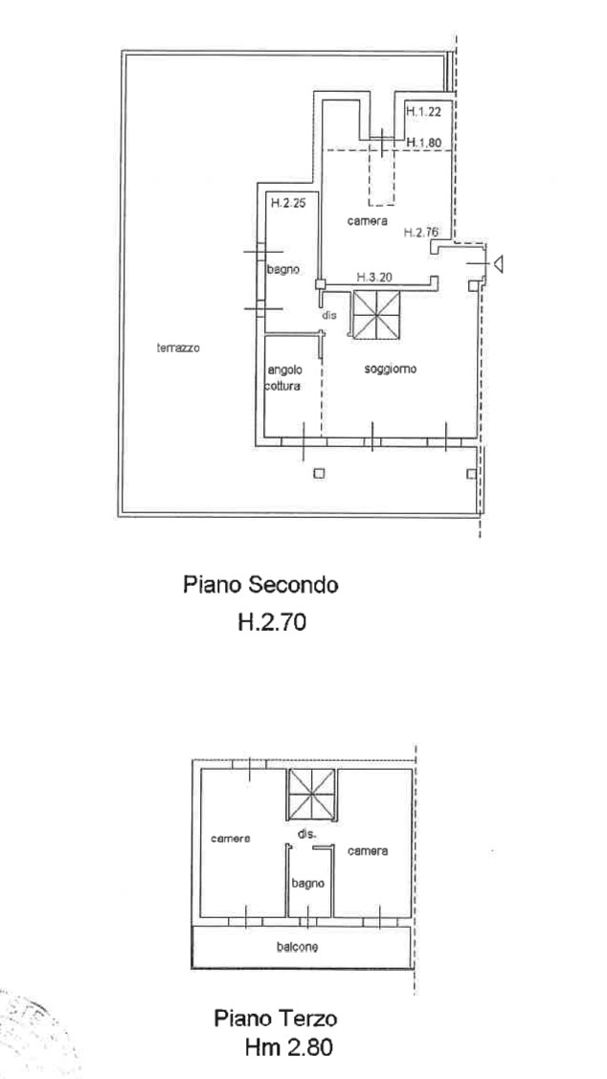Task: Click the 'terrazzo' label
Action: point(178,348)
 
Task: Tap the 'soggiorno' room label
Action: point(391,369)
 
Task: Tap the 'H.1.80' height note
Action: point(422,143)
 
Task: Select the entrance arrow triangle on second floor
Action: point(498,263)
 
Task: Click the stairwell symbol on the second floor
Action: point(376,314)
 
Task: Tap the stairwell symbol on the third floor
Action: point(311,794)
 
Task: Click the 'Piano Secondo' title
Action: point(260,585)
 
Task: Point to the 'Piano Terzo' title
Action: point(276,1017)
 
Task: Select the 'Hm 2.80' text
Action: point(288,1047)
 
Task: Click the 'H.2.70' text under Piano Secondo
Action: point(271,622)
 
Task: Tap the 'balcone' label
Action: point(298,947)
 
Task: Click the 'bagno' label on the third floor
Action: point(307,883)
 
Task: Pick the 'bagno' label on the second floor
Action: point(282,270)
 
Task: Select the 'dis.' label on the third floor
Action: point(307,834)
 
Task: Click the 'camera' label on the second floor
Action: point(368,221)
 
